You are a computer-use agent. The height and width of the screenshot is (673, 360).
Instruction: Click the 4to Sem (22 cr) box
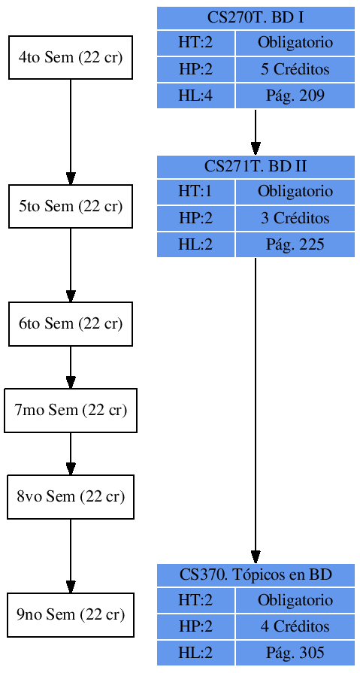71,57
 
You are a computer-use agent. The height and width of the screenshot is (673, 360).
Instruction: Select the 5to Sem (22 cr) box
71,206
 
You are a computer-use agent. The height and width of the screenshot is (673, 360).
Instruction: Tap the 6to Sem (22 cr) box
71,324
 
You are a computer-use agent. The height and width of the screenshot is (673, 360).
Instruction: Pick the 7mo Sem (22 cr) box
71,411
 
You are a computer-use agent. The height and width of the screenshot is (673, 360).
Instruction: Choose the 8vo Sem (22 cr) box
71,497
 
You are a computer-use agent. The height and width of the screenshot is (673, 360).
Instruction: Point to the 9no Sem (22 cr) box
71,615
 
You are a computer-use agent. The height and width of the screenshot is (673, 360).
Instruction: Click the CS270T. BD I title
256,17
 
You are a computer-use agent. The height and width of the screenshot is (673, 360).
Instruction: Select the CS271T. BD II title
256,166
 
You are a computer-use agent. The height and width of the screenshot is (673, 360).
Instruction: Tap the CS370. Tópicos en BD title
256,575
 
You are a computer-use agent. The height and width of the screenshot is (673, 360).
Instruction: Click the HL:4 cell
195,96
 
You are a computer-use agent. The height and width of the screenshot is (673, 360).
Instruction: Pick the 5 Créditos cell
295,70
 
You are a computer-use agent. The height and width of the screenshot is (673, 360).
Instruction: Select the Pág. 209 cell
295,96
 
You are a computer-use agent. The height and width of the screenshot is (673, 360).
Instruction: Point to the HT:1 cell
195,192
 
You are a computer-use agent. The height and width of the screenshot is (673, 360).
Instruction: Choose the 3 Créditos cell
295,219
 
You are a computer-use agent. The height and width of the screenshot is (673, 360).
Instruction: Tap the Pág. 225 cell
295,245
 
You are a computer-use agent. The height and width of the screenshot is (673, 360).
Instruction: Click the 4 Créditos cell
295,626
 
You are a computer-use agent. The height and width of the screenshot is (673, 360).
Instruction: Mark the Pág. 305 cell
295,653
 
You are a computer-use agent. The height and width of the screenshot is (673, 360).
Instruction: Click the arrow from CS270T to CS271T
256,132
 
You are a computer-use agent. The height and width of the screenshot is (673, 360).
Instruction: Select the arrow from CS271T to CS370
256,410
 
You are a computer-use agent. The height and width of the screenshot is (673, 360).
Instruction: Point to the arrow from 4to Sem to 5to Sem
71,132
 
